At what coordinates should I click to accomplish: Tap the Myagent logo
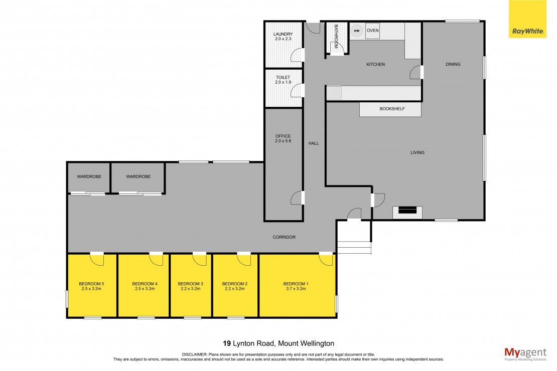tap(525, 353)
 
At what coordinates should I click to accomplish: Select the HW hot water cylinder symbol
tap(357, 31)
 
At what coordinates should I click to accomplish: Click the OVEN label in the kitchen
tap(372, 31)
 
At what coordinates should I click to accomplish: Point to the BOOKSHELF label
tap(392, 109)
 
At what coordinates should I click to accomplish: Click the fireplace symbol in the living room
tap(407, 211)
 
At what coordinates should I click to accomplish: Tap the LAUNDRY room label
tap(283, 35)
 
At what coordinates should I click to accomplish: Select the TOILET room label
tap(283, 78)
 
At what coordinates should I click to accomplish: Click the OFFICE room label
tap(283, 136)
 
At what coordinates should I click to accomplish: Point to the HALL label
tap(314, 143)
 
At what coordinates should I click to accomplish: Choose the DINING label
tap(453, 64)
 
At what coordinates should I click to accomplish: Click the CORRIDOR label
tap(284, 237)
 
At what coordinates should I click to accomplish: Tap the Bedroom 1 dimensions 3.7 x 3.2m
tap(296, 289)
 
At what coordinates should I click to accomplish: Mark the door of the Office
tap(297, 198)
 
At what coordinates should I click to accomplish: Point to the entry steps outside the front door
tap(354, 248)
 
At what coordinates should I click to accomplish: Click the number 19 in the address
tap(227, 343)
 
